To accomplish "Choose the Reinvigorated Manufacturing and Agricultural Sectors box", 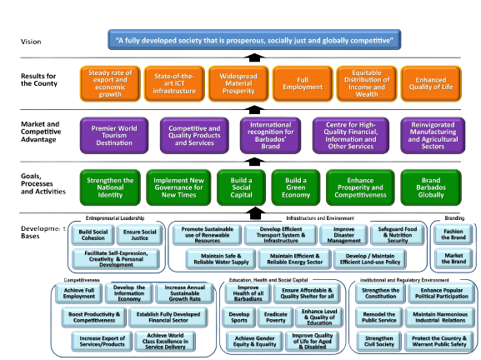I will [432, 136].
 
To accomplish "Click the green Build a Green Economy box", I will [296, 186].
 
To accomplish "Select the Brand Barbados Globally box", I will [432, 186].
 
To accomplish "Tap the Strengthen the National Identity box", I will [110, 186].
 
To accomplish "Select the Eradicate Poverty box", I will [276, 317].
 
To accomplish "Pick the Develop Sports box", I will [239, 317].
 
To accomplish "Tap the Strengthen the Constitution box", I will [376, 294].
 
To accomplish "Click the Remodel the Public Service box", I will [376, 317].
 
